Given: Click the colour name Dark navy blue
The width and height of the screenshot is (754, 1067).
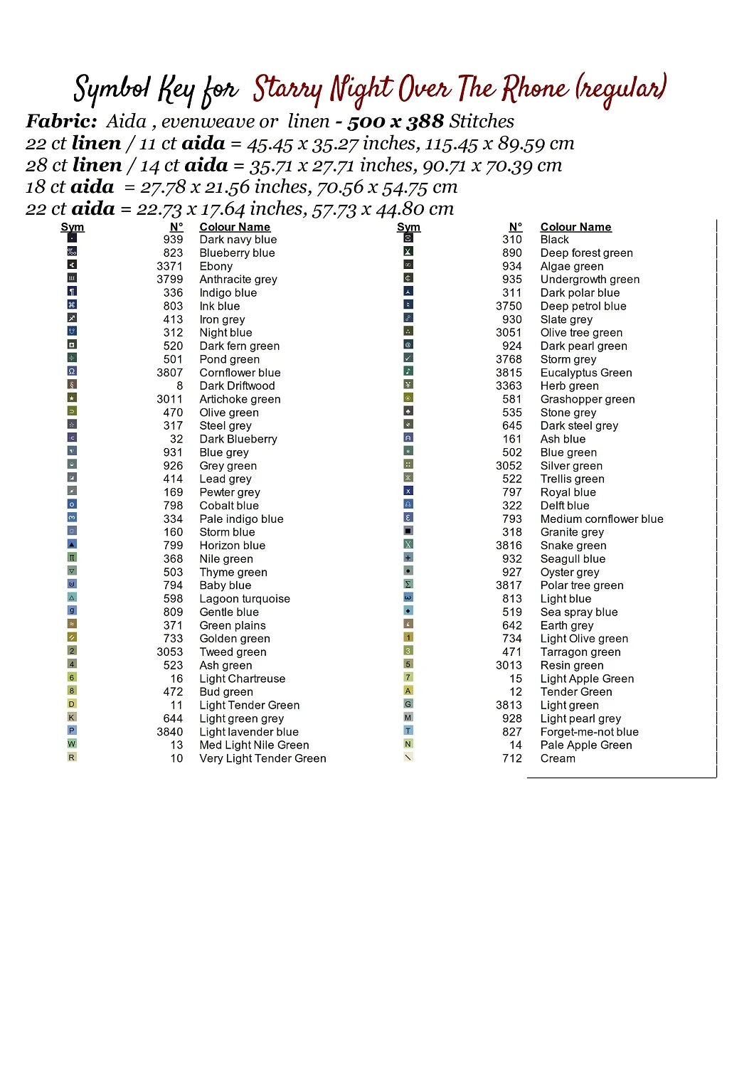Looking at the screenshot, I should pos(238,240).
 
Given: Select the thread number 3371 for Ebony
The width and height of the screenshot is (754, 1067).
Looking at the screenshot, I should pos(169,266).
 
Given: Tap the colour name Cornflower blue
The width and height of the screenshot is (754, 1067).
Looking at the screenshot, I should pos(240,373).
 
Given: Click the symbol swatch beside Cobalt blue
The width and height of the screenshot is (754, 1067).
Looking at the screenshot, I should pos(72,504).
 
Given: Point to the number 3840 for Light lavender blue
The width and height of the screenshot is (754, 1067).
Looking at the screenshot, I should pos(169,732).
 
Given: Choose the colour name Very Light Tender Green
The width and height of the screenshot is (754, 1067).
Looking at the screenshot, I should pos(262,758).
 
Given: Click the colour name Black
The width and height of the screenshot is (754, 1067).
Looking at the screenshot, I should pos(554,240).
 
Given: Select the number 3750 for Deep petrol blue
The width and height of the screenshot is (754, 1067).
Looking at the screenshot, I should pos(509,306).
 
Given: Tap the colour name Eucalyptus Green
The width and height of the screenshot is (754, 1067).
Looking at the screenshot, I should pos(585,373).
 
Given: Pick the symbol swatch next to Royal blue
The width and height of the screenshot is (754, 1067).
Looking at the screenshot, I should pos(408,491).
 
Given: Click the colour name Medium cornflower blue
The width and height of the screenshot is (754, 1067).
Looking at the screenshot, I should pos(601,519).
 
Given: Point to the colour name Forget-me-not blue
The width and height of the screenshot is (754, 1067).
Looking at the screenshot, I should pos(589,732).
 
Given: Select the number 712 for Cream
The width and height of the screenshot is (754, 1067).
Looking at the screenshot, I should pos(511,758).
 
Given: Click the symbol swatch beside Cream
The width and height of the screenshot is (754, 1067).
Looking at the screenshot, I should pos(408,758).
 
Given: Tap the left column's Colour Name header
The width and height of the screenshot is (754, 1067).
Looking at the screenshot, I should pos(235,227).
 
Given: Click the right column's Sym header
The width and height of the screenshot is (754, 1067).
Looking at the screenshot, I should pos(408,227).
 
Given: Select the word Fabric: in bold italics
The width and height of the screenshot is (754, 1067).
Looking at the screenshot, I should pos(61,121).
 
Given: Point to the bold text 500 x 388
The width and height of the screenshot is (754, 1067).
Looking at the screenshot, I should pos(395,122).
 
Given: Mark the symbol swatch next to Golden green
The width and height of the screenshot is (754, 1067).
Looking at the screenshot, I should pos(72,637).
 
